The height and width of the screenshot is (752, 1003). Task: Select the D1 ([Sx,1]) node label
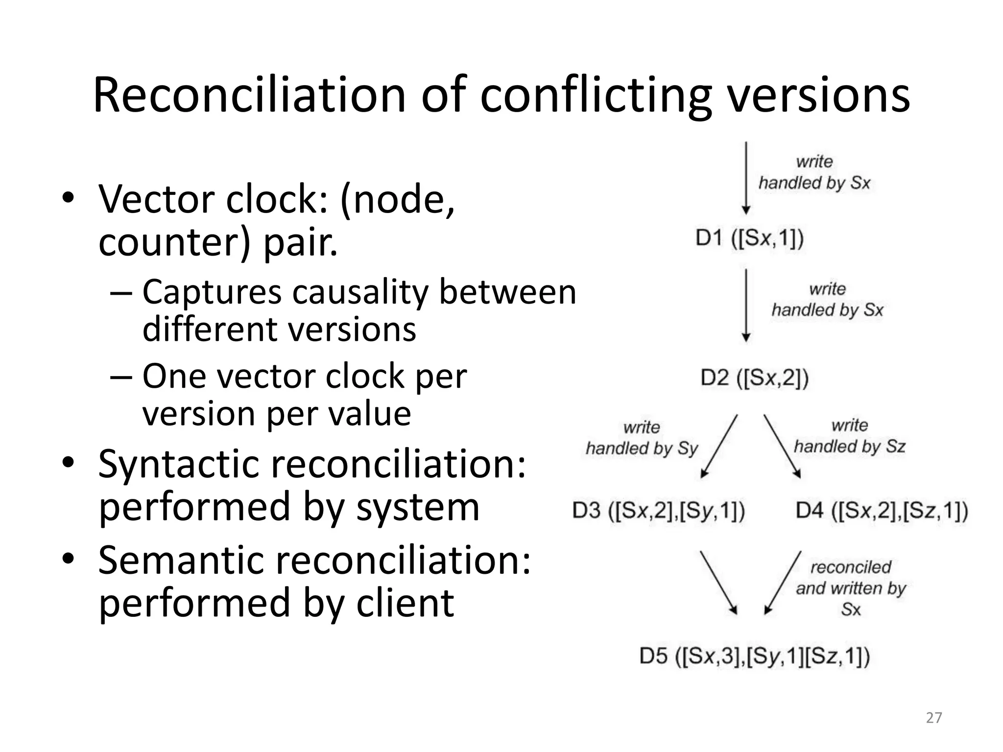750,238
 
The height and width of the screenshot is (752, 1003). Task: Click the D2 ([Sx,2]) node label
754,378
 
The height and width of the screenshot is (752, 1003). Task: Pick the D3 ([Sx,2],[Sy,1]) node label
659,511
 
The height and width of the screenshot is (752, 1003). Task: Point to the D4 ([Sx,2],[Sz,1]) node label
882,511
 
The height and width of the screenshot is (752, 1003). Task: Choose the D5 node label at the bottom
754,656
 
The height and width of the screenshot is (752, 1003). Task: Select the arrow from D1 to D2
746,305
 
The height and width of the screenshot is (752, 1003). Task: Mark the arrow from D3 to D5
718,582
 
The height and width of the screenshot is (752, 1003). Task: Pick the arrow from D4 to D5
783,582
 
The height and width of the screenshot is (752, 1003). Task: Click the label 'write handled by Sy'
642,438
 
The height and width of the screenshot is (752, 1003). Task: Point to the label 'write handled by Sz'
849,436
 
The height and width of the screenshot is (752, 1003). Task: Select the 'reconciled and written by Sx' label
851,588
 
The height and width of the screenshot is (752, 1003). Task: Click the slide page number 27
934,718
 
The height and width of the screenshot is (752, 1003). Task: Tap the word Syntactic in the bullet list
178,464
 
